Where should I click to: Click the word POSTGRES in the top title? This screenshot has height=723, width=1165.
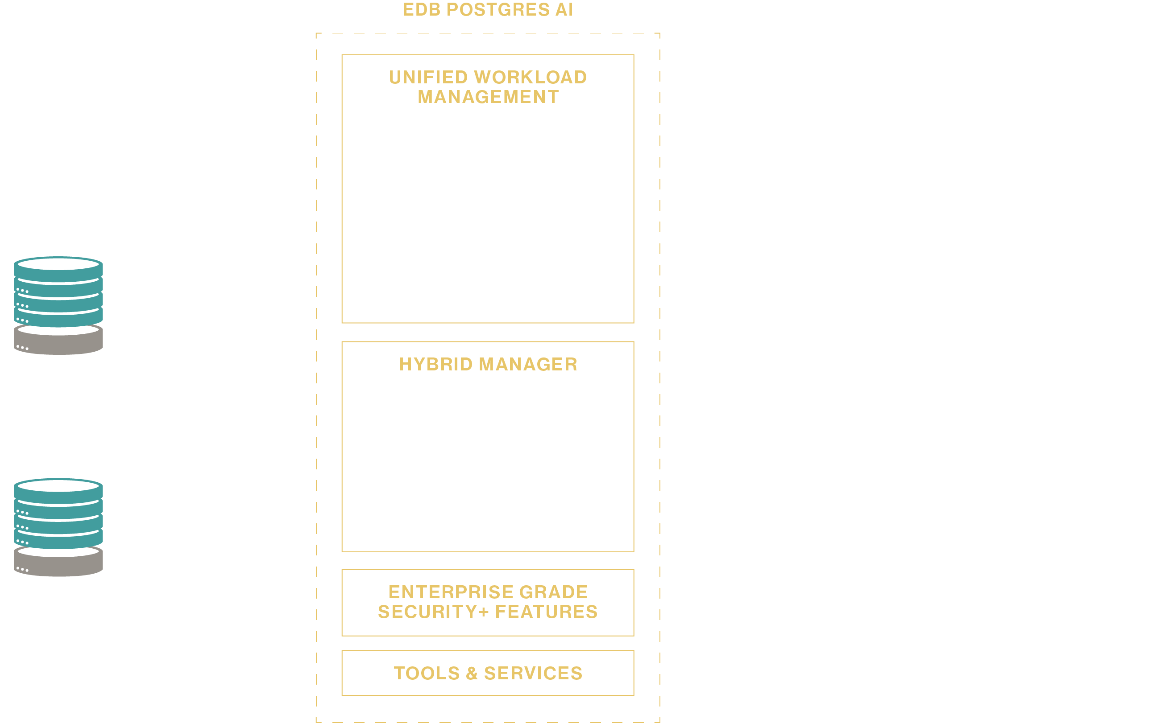click(x=498, y=9)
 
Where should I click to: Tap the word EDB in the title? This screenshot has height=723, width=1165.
click(x=422, y=9)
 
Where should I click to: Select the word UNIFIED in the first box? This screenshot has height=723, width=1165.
click(x=428, y=77)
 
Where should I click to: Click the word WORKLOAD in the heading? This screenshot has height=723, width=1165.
click(x=531, y=77)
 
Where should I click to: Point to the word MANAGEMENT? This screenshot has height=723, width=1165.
click(x=488, y=97)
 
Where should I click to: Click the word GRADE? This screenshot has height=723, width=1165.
click(x=553, y=592)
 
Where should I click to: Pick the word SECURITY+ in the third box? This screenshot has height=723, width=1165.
click(x=433, y=612)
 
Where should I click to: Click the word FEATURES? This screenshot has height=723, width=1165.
click(x=546, y=612)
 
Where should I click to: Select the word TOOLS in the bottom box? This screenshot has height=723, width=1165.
click(x=427, y=673)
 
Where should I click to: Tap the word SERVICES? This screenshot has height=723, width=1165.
click(x=533, y=673)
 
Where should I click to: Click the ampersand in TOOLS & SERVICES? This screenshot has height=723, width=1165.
click(x=472, y=673)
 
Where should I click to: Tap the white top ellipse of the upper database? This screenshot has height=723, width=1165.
click(x=58, y=264)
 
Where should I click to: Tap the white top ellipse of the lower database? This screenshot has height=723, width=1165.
click(x=58, y=486)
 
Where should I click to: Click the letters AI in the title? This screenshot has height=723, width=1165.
click(x=564, y=9)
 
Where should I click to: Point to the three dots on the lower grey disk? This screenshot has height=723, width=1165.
click(x=22, y=569)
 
